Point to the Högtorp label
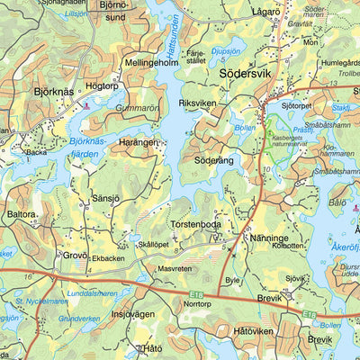click(102, 87)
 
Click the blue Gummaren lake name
click(134, 108)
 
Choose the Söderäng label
click(213, 159)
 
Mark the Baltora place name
click(22, 216)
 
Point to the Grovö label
click(74, 255)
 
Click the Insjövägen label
click(133, 315)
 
